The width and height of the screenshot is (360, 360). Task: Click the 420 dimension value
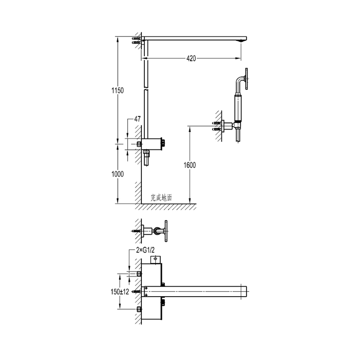click(191, 58)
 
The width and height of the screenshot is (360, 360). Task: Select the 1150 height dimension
click(117, 90)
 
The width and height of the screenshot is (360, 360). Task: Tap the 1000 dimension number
click(117, 174)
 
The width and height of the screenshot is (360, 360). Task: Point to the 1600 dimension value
click(189, 165)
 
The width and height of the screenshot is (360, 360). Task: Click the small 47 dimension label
click(137, 119)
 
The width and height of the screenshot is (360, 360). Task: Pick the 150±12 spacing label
click(120, 292)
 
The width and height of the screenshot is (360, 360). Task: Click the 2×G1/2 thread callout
click(145, 250)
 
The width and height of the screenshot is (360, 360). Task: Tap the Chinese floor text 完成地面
click(161, 198)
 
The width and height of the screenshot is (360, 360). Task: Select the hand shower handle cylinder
click(238, 108)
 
